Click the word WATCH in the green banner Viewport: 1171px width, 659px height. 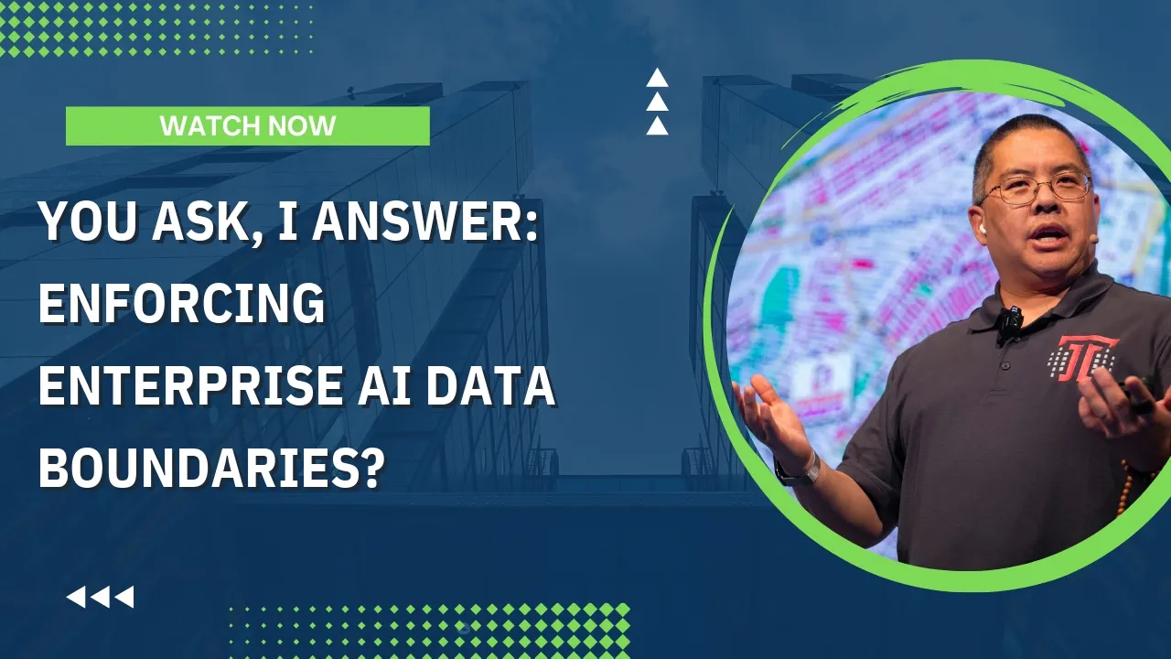[x=204, y=126]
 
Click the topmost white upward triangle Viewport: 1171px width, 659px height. [x=657, y=78]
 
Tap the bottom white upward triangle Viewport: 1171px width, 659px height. [x=657, y=126]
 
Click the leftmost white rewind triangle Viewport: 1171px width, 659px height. [x=76, y=598]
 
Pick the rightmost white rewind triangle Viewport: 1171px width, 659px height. [x=124, y=598]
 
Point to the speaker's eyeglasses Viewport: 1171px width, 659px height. [x=1037, y=189]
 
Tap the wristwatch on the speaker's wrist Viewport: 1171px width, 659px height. [x=796, y=470]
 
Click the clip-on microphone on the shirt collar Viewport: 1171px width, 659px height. [x=1009, y=320]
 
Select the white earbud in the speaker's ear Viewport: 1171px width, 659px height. [x=982, y=229]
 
